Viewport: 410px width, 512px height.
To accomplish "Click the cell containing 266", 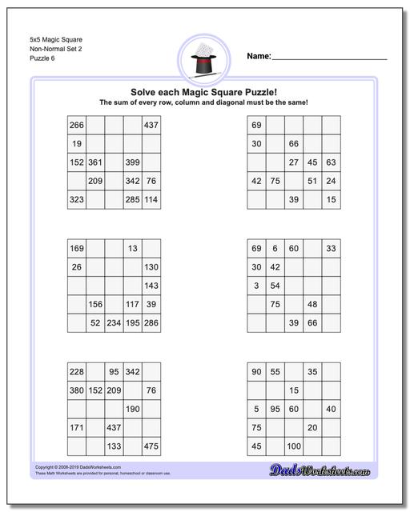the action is pyautogui.click(x=77, y=126).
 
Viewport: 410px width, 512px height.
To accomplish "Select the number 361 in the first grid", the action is pyautogui.click(x=95, y=162).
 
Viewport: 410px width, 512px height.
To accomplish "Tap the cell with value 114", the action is pyautogui.click(x=151, y=199).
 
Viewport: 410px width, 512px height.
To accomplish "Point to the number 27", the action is pyautogui.click(x=294, y=162).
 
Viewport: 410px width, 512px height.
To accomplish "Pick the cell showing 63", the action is pyautogui.click(x=331, y=162).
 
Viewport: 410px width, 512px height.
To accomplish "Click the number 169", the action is pyautogui.click(x=77, y=249).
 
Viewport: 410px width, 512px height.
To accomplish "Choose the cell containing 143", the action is pyautogui.click(x=151, y=286).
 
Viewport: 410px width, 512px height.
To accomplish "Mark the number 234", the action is pyautogui.click(x=114, y=322).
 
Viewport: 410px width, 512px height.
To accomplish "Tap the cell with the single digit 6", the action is pyautogui.click(x=275, y=249).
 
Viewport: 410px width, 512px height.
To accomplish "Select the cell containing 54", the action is pyautogui.click(x=275, y=286).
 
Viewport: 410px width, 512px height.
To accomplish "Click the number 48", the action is pyautogui.click(x=312, y=304).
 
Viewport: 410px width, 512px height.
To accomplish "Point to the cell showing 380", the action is pyautogui.click(x=77, y=390).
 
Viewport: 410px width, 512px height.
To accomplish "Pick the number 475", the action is pyautogui.click(x=151, y=446).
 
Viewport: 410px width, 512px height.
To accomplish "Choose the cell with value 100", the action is pyautogui.click(x=294, y=446).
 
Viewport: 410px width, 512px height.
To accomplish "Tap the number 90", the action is pyautogui.click(x=257, y=372).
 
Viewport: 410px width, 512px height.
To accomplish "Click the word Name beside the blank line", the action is pyautogui.click(x=258, y=57).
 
